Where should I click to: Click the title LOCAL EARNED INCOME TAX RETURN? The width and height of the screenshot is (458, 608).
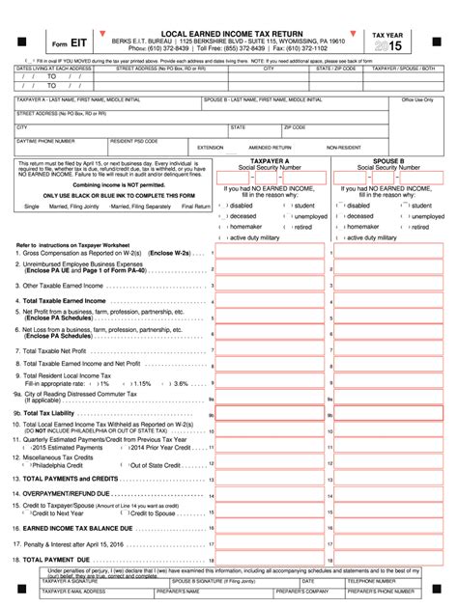[228, 33]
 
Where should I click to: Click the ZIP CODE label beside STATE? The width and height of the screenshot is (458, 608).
[294, 126]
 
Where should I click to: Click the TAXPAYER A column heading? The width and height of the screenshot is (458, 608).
[270, 162]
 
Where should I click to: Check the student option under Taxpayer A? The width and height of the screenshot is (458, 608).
[303, 206]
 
